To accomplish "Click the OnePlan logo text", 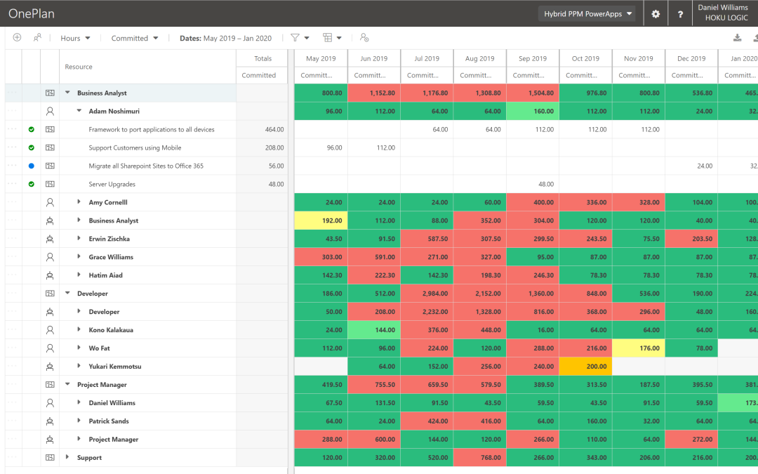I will (32, 13).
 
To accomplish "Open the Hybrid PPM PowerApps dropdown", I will (588, 14).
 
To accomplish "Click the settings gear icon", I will (656, 14).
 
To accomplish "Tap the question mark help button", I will (680, 14).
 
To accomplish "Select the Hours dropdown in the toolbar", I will (75, 39).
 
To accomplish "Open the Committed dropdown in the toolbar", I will (134, 39).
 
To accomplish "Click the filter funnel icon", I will (295, 38).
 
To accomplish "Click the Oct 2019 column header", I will (585, 59).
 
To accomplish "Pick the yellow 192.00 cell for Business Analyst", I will (321, 220).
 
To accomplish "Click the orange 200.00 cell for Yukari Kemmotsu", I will (585, 367).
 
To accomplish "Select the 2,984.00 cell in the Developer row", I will (427, 294).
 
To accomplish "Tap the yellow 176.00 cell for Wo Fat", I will (639, 348).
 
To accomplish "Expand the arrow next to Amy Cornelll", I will (79, 202).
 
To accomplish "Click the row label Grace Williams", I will (111, 257).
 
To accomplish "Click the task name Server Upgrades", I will (112, 184).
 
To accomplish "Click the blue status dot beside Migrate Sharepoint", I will (32, 166).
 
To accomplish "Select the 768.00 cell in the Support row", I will (480, 458).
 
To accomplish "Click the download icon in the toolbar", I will (737, 39).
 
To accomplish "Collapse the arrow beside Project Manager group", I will (68, 385).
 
